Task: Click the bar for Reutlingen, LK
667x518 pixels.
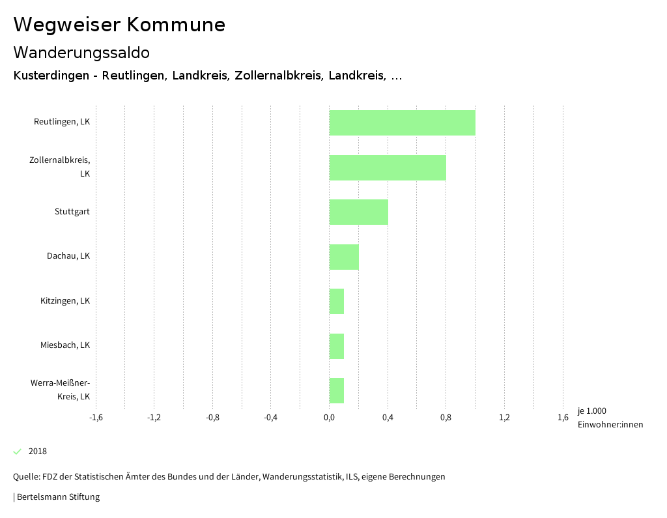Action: click(x=402, y=122)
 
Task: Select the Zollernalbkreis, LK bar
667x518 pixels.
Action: click(x=388, y=167)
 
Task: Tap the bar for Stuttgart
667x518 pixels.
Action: click(x=358, y=212)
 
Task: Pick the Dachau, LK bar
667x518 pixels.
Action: click(x=344, y=257)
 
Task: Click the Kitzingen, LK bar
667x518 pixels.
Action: click(x=337, y=301)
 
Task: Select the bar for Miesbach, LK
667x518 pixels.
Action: click(x=337, y=346)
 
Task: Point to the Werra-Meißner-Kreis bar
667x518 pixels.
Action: click(x=337, y=390)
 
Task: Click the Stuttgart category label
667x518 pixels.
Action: click(x=72, y=212)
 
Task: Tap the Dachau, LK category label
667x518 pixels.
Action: click(x=68, y=256)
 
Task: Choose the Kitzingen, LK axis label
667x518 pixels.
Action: click(x=65, y=301)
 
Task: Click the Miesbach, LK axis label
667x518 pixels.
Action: click(x=65, y=345)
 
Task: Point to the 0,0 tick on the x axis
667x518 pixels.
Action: click(x=329, y=417)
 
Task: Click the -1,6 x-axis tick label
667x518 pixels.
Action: click(x=96, y=417)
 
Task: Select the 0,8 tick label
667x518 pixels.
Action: click(x=446, y=417)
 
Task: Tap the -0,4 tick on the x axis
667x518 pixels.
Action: click(x=271, y=417)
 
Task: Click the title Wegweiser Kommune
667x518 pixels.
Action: click(x=119, y=25)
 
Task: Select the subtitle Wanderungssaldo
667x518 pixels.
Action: click(x=81, y=52)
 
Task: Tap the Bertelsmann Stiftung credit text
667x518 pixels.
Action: click(x=57, y=497)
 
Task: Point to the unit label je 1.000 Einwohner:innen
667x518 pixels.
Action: click(x=610, y=418)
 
